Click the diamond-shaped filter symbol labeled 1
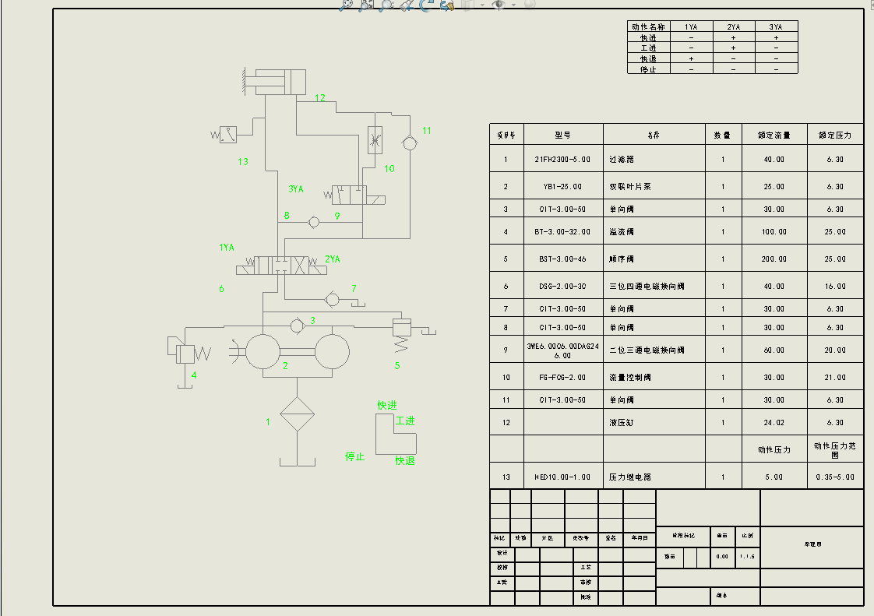(297, 414)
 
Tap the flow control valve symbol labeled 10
(375, 139)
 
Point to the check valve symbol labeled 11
(408, 142)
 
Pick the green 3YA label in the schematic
(296, 188)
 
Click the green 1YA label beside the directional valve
(227, 248)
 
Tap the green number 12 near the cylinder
(320, 97)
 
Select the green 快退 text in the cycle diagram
(405, 460)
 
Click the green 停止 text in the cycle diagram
(355, 456)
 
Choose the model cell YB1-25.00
(563, 187)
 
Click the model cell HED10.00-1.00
(563, 477)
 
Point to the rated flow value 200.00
(774, 259)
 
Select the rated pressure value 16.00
(835, 287)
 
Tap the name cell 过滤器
(623, 160)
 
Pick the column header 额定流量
(774, 136)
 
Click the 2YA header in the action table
(734, 26)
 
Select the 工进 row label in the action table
(649, 48)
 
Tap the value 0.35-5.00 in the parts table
(835, 477)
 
